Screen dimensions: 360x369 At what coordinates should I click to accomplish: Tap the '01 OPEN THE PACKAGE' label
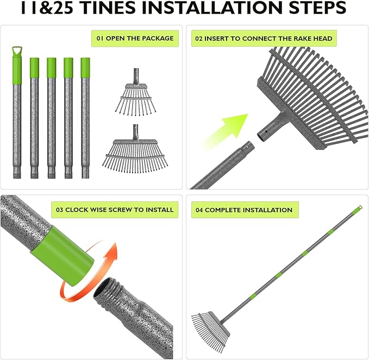click(135, 39)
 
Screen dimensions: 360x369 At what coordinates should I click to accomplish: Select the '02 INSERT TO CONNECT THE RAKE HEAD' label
click(264, 39)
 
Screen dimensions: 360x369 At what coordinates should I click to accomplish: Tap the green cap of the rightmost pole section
click(85, 67)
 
